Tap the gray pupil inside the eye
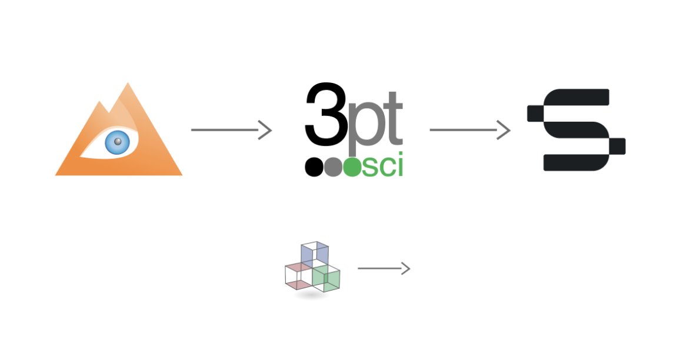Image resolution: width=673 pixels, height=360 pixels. click(118, 141)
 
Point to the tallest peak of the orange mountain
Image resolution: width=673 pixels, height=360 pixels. click(127, 86)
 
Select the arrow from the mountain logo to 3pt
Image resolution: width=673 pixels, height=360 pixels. click(231, 130)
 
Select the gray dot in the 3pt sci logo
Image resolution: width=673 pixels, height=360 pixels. click(332, 168)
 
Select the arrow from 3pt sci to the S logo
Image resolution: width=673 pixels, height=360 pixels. click(469, 130)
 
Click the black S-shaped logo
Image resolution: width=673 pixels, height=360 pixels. click(576, 130)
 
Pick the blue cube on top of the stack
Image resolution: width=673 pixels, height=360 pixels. click(314, 253)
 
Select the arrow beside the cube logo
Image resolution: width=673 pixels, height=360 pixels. click(384, 269)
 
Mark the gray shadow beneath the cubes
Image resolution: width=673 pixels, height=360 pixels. click(311, 295)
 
